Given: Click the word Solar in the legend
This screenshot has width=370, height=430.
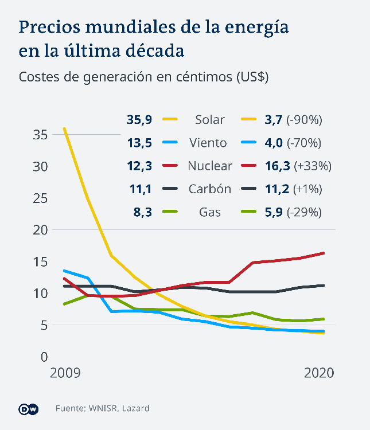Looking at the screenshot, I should click(210, 120).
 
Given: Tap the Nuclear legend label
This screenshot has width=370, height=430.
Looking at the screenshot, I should click(210, 166).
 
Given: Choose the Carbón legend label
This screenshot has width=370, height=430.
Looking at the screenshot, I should click(210, 189).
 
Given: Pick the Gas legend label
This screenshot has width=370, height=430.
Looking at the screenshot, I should click(210, 213).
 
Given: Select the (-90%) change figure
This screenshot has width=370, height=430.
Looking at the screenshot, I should click(307, 120).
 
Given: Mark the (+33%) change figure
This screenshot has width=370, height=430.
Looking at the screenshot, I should click(313, 166).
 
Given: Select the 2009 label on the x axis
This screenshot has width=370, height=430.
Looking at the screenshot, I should click(65, 373).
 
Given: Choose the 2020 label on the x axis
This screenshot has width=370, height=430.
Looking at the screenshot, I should click(319, 373).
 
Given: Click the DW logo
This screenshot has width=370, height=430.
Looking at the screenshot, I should click(29, 409).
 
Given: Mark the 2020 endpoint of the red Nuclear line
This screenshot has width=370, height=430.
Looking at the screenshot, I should click(324, 253).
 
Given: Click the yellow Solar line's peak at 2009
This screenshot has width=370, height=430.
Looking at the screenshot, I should click(64, 128).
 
